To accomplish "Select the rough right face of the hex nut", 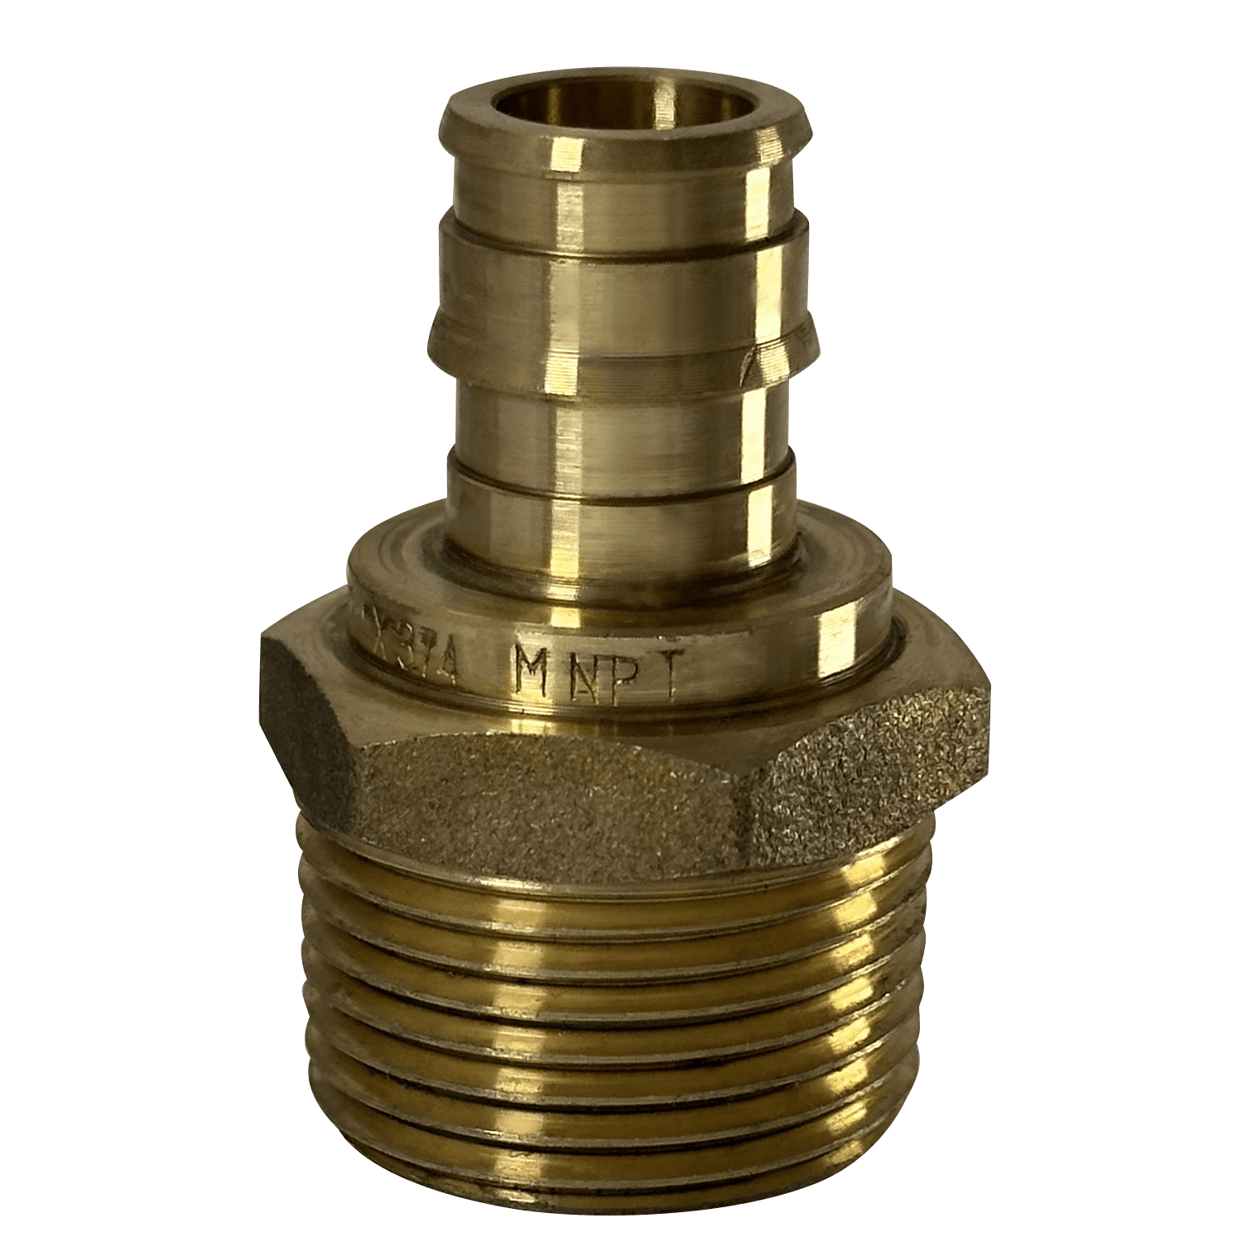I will [869, 778].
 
